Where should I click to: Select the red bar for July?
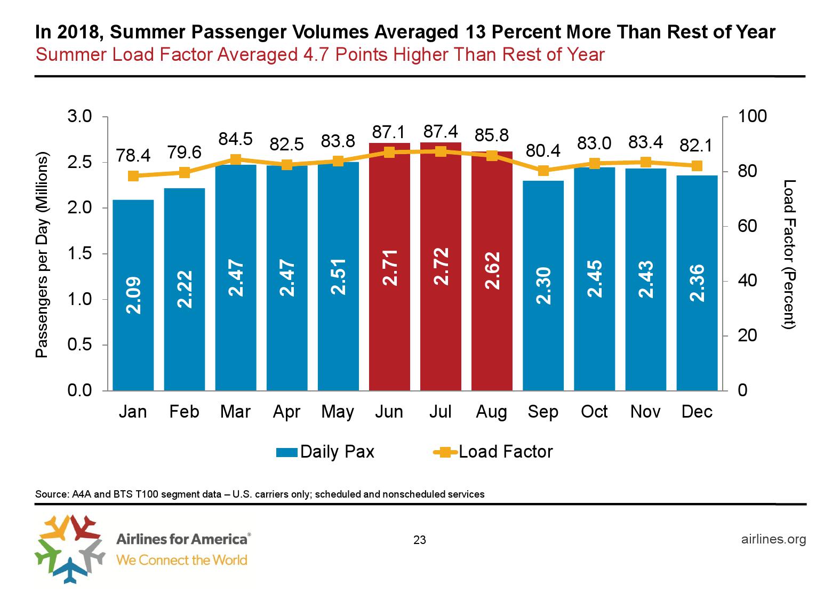point(441,267)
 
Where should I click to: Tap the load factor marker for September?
point(543,171)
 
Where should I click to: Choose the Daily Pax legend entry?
point(325,452)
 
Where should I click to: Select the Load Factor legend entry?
point(494,452)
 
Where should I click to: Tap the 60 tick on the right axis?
point(747,226)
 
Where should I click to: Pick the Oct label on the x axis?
point(594,412)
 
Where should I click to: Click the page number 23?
point(420,540)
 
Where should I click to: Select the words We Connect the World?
point(181,560)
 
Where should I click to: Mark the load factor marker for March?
point(236,159)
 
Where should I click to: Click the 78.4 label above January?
point(133,156)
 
